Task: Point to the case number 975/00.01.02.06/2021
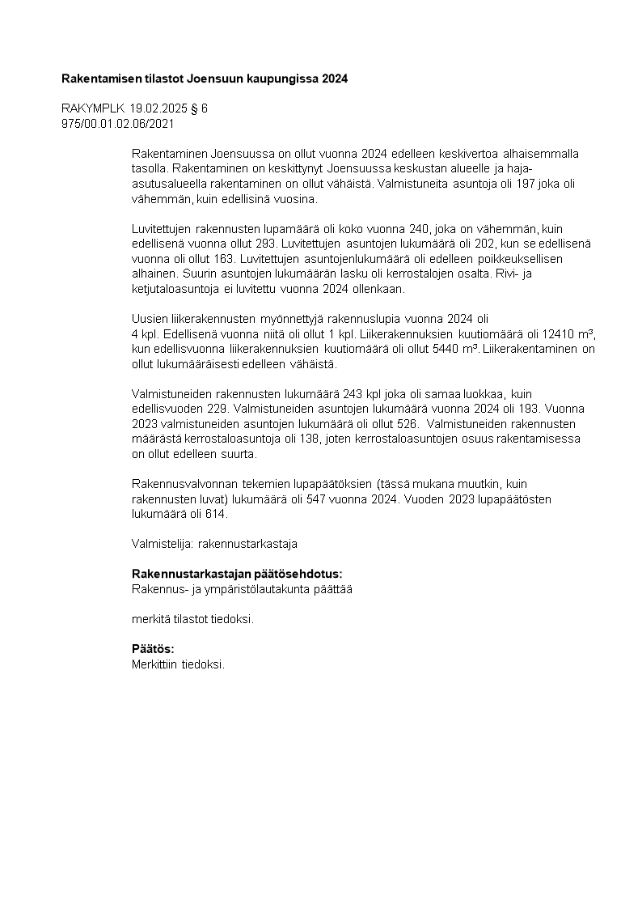pos(117,124)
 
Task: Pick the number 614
pos(218,514)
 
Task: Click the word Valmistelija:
pos(157,544)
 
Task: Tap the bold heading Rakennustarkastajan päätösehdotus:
pos(237,574)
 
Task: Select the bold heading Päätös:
pos(153,649)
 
